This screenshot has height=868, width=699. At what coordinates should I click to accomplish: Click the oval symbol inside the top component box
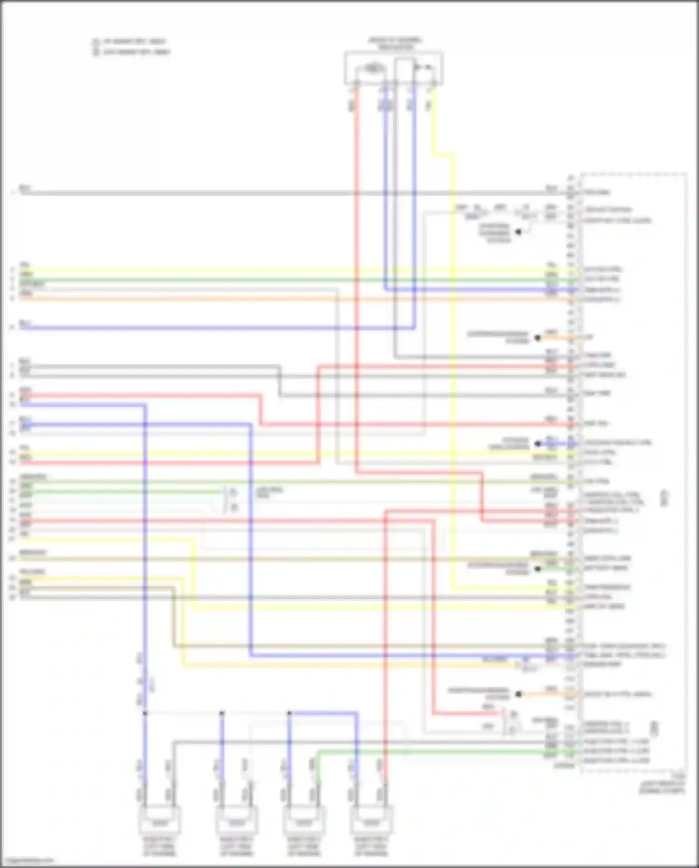372,69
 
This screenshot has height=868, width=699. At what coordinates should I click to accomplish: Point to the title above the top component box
395,44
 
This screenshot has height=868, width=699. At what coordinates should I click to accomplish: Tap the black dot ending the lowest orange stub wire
519,694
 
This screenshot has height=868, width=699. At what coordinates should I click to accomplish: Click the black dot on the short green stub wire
538,569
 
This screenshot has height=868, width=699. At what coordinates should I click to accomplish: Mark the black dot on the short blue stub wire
538,444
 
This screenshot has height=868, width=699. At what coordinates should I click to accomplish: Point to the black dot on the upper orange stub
538,338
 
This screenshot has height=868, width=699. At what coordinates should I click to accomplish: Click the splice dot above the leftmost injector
145,713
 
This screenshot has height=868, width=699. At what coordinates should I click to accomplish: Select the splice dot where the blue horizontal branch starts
289,713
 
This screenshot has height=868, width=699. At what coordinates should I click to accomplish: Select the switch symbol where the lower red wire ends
512,721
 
